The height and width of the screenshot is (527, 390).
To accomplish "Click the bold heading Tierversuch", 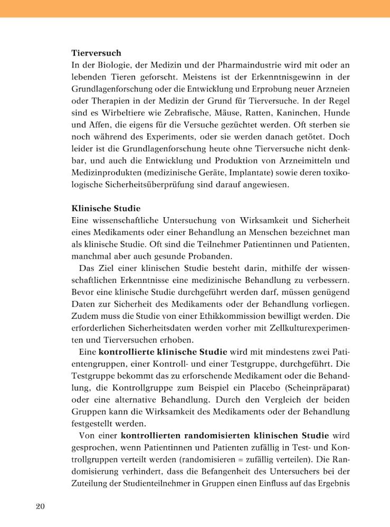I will [x=96, y=53].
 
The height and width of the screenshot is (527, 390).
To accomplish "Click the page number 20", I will [x=41, y=507].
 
